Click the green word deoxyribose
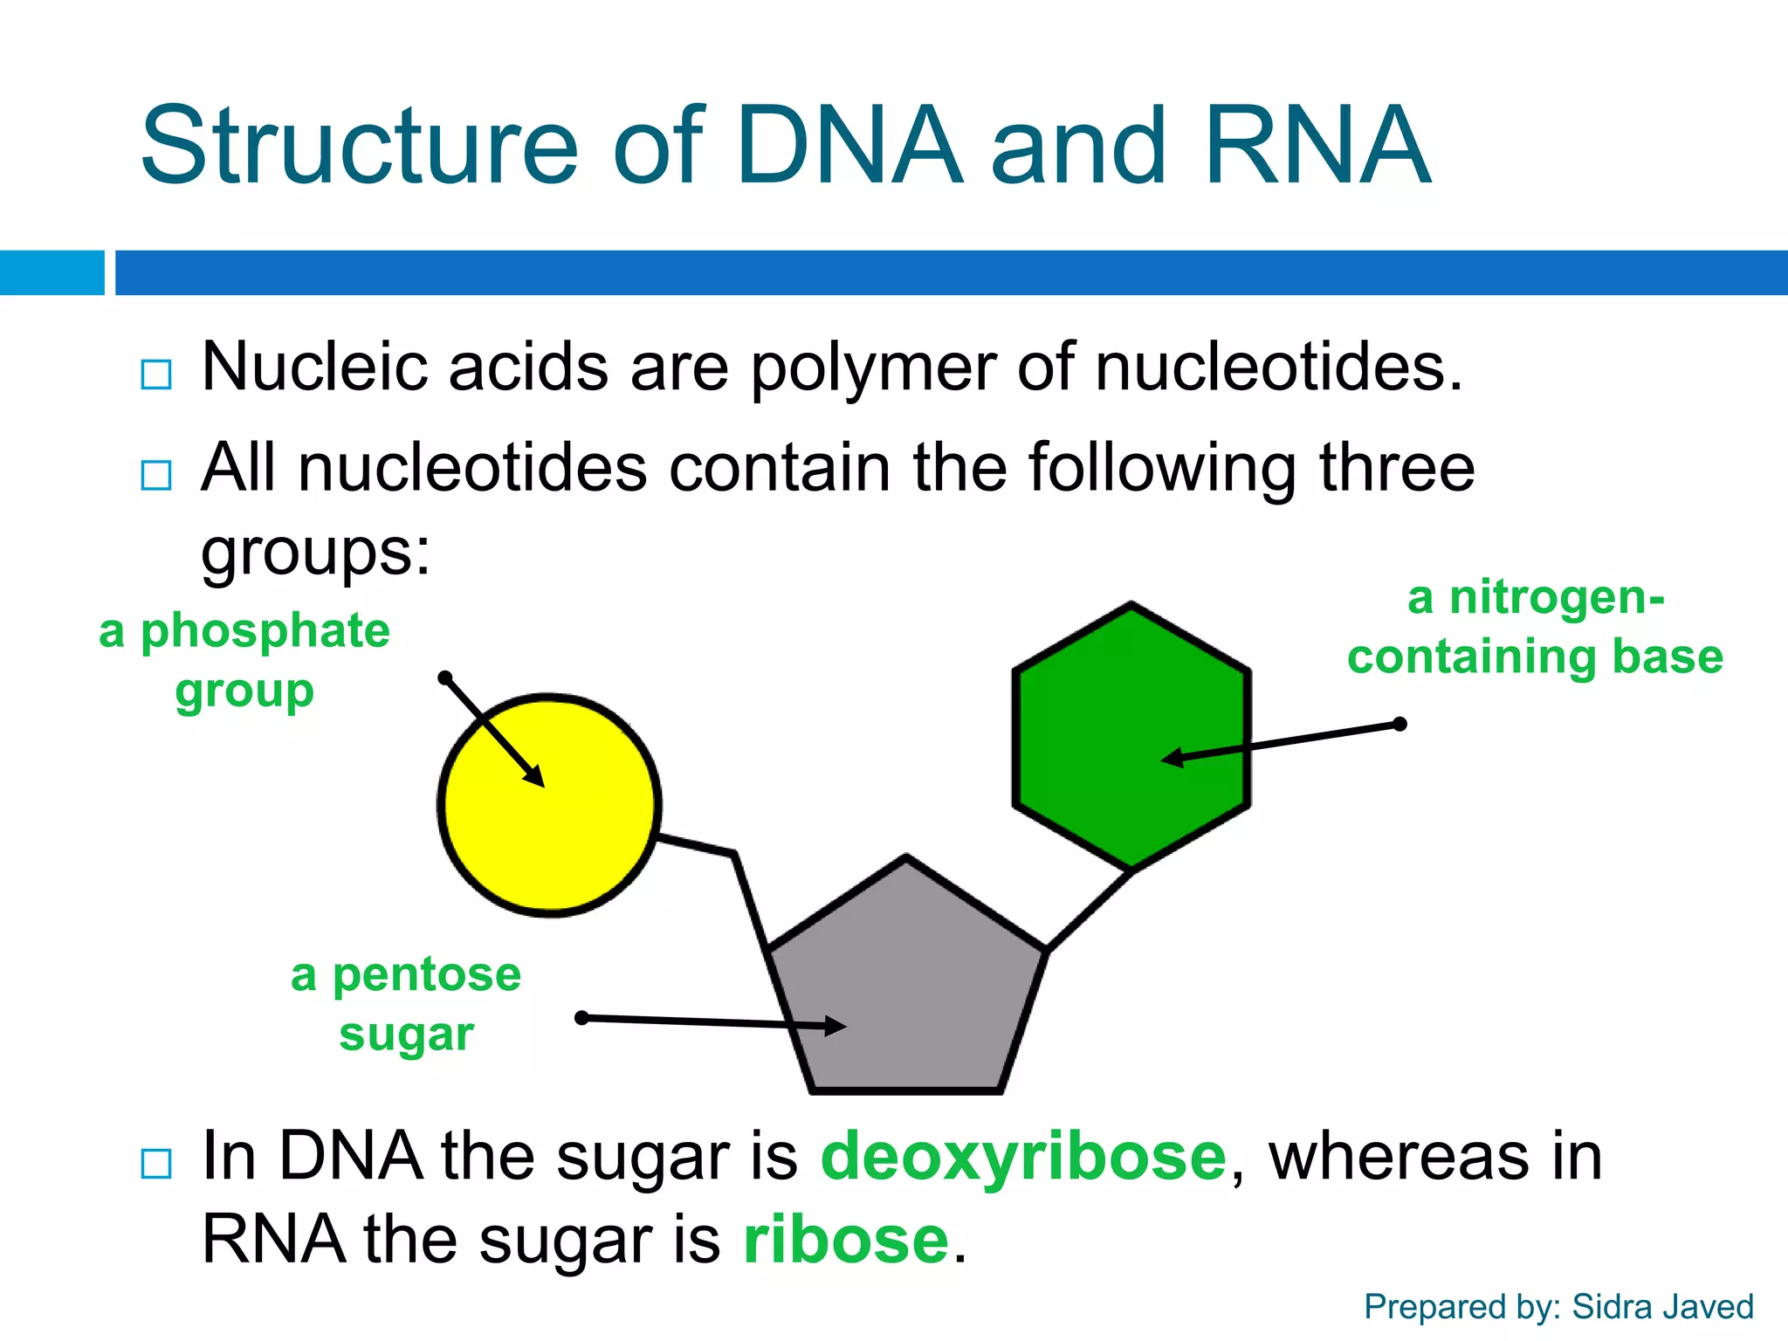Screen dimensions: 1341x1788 (x=1023, y=1156)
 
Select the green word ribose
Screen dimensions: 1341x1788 (x=845, y=1240)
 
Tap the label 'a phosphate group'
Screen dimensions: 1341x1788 (x=244, y=660)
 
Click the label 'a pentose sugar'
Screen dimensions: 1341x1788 (x=406, y=1004)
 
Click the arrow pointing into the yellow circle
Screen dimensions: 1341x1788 (x=493, y=732)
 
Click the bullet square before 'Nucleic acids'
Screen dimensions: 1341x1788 (x=156, y=375)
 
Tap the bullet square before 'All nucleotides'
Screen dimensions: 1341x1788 (x=156, y=476)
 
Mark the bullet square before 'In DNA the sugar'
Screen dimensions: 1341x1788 (x=156, y=1164)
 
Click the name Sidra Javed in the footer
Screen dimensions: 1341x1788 (x=1662, y=1307)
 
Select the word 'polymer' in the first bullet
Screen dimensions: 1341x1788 (x=872, y=368)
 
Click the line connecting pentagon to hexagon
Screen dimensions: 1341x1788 (x=1089, y=911)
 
